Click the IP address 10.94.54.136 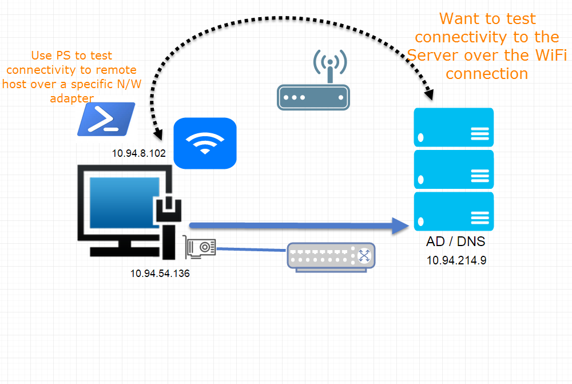click(x=160, y=274)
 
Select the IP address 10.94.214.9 click(x=456, y=260)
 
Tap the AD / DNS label click(x=455, y=242)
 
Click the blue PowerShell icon click(x=106, y=119)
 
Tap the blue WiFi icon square click(x=205, y=143)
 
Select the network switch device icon click(x=331, y=255)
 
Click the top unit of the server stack click(x=454, y=128)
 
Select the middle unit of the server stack click(x=454, y=169)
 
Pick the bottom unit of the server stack click(x=454, y=211)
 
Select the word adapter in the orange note click(x=71, y=98)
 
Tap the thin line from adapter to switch click(x=252, y=250)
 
